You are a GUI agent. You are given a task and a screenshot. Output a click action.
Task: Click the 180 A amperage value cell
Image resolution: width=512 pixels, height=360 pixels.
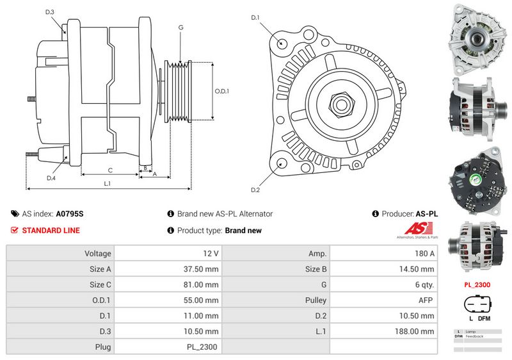(384, 254)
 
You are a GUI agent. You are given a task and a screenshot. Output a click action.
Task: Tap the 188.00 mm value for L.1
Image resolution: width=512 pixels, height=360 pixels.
(384, 331)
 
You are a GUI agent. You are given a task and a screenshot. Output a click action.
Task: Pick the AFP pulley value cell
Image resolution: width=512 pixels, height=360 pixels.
(384, 300)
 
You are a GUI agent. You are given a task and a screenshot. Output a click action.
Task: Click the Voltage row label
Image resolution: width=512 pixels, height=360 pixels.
(60, 254)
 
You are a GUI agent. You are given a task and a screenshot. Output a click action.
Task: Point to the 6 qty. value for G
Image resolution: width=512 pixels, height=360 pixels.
(384, 284)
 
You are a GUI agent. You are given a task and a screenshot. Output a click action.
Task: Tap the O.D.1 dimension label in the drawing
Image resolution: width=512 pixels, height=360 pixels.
(222, 91)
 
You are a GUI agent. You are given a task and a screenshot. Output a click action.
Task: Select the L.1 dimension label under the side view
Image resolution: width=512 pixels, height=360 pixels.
(108, 183)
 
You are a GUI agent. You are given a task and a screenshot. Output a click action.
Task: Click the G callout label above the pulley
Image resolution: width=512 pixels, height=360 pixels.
(181, 27)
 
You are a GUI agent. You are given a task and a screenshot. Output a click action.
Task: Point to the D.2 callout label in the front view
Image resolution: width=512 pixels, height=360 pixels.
(255, 190)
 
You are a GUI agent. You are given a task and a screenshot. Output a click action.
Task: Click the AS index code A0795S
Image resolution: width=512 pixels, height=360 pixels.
(70, 214)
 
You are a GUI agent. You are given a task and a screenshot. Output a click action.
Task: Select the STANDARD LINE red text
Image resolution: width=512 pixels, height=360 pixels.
(51, 231)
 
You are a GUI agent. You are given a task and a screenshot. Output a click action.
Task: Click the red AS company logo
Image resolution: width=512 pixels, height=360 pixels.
(420, 229)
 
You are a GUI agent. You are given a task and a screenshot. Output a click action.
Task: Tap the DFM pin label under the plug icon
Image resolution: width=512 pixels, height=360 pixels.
(484, 318)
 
